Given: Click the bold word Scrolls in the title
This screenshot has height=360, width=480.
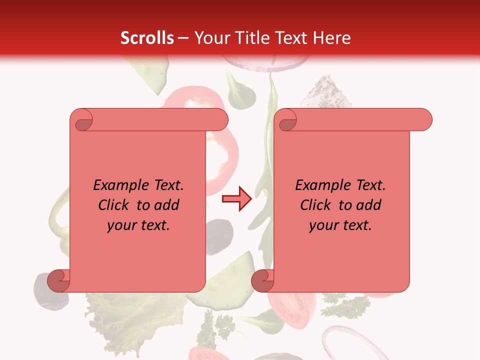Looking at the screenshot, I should click(x=147, y=38).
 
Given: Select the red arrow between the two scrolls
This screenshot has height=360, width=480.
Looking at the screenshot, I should click(x=236, y=199).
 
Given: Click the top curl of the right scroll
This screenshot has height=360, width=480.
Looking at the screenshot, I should click(x=286, y=120).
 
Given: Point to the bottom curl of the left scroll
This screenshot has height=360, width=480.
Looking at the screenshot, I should click(x=58, y=280).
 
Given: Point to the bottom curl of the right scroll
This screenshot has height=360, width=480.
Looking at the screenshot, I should click(x=262, y=280).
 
